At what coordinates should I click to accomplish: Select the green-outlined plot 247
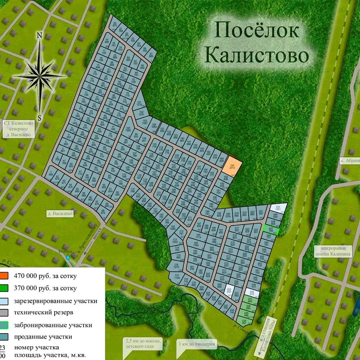pos(271,230)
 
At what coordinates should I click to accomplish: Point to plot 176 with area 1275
pos(176,266)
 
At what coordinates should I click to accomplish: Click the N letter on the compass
pos(40,35)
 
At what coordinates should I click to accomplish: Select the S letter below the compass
pos(40,117)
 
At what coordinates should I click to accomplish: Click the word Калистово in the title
pos(258,56)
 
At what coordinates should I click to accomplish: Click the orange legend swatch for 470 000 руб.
pos(4,276)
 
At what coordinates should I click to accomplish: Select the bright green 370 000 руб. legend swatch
pos(4,288)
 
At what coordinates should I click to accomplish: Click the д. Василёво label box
pos(60,214)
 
